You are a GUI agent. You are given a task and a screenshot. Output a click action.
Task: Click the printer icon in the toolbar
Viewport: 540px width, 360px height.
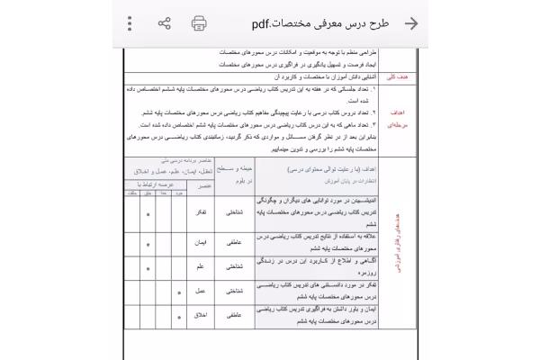[199, 23]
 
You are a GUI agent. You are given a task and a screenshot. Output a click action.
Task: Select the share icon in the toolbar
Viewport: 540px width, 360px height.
[165, 23]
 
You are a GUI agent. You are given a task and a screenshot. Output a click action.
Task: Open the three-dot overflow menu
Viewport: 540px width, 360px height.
[130, 23]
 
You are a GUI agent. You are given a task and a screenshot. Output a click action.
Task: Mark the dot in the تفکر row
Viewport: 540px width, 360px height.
[148, 217]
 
